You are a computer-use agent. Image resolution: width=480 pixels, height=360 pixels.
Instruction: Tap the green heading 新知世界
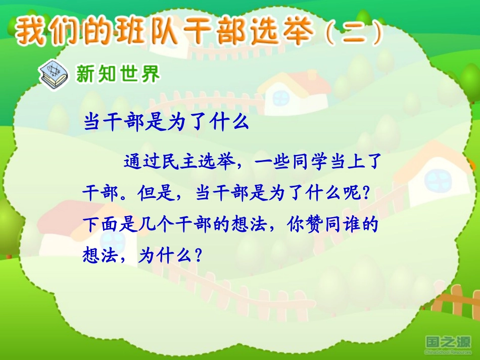tap(118, 75)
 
